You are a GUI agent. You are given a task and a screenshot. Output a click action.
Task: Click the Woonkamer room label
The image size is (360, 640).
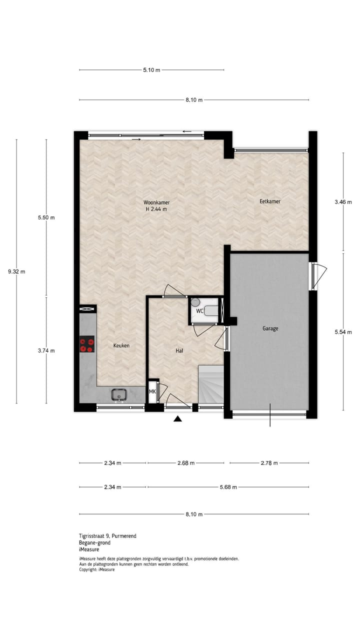[156, 202]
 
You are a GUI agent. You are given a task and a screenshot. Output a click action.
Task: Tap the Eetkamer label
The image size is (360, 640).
[269, 201]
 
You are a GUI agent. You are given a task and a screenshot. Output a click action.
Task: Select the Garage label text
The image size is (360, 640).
[270, 328]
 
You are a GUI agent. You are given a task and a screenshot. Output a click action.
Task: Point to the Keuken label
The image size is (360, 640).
[121, 345]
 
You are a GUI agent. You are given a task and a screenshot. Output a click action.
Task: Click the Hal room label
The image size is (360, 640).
[179, 350]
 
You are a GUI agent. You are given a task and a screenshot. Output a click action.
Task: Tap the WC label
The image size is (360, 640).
[199, 311]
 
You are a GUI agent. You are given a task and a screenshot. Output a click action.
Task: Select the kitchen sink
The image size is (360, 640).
[119, 395]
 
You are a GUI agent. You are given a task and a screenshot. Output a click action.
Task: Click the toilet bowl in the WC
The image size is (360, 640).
[195, 302]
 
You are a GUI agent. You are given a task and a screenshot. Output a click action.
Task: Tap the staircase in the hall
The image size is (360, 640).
[210, 384]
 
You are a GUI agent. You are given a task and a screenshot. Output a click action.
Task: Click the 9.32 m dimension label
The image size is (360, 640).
[16, 271]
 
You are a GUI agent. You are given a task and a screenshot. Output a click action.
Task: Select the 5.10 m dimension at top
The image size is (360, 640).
[151, 70]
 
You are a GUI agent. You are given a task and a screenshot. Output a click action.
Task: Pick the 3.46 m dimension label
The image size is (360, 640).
[343, 202]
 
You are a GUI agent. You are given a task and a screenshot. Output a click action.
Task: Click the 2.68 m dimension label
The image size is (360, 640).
[185, 463]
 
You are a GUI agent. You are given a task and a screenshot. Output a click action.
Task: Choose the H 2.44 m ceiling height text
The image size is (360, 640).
[156, 209]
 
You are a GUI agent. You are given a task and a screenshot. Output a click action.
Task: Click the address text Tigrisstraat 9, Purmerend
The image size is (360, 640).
[107, 536]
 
